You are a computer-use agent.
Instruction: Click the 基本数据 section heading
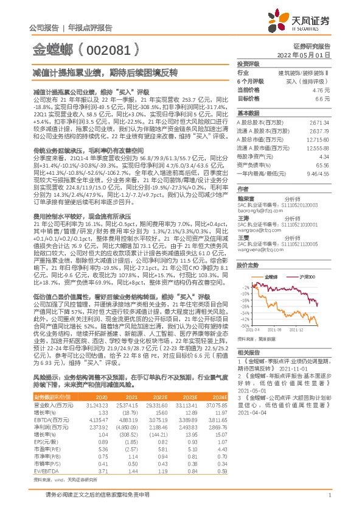248,113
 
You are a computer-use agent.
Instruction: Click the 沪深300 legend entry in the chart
294,277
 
